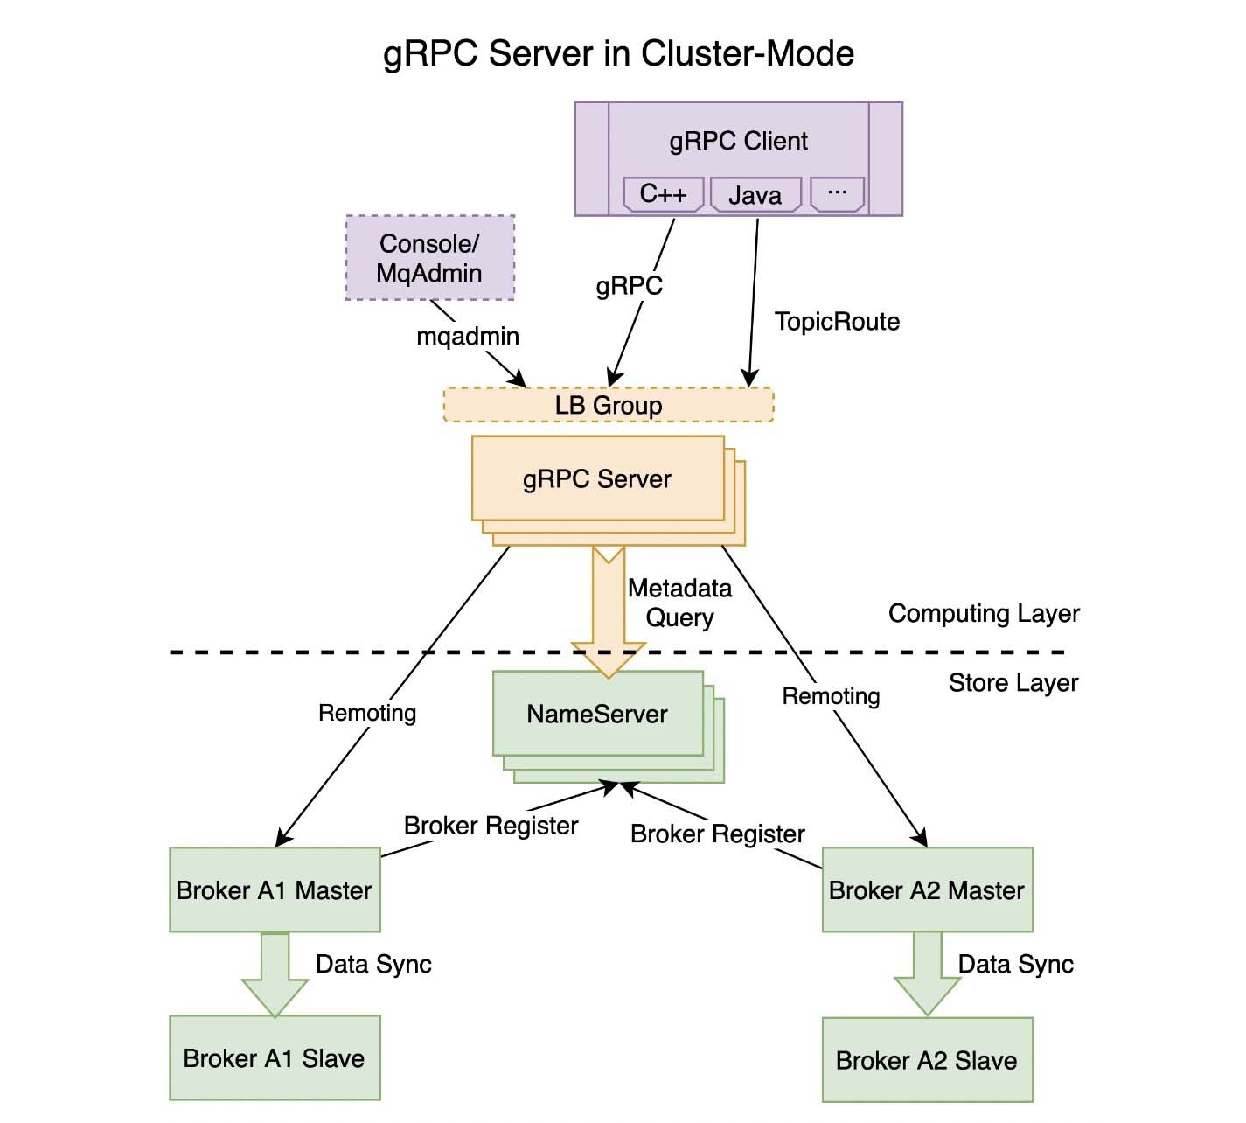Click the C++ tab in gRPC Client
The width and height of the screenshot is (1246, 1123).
click(663, 194)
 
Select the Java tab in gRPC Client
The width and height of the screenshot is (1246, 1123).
click(755, 195)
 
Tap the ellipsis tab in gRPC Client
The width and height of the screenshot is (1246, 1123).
click(837, 193)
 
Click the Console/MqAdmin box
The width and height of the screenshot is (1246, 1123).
click(429, 258)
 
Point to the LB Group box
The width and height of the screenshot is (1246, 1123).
click(609, 405)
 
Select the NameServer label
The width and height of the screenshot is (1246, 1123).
click(597, 714)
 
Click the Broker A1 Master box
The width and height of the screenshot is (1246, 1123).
click(275, 889)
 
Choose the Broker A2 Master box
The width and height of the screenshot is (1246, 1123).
click(927, 889)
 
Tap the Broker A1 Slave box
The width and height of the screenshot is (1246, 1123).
click(275, 1057)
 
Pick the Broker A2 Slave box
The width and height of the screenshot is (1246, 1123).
click(927, 1060)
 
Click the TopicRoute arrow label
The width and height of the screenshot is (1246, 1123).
click(837, 322)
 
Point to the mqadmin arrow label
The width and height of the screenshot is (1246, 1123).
click(468, 336)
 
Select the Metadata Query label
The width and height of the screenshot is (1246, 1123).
click(679, 603)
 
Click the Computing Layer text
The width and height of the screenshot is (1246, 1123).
click(984, 613)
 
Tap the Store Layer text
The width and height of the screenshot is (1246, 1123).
click(1013, 682)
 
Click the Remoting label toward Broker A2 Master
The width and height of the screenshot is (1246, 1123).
click(831, 696)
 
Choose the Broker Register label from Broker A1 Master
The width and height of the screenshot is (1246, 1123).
click(491, 826)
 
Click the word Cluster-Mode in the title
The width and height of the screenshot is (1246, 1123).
click(748, 53)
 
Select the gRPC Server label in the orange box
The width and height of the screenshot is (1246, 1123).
click(597, 479)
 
